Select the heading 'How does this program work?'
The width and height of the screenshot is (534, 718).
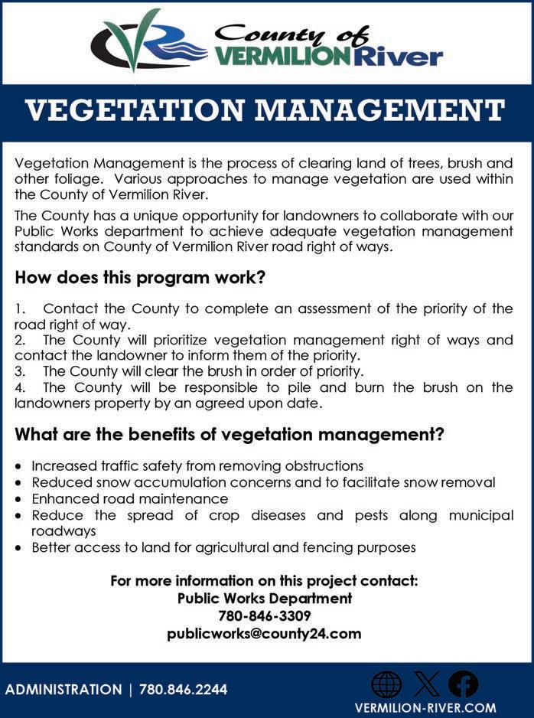click(140, 277)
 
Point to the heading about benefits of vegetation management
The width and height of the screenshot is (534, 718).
click(230, 435)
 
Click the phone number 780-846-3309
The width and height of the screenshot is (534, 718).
click(265, 615)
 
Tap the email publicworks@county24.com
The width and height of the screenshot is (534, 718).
click(265, 634)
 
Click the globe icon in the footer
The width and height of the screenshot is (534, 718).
click(386, 684)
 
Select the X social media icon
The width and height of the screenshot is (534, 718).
click(425, 684)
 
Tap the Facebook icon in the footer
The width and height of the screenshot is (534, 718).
click(463, 684)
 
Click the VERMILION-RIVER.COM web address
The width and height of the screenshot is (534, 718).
click(425, 708)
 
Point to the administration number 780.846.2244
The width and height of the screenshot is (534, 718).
click(183, 690)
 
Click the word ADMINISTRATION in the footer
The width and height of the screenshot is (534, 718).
click(63, 690)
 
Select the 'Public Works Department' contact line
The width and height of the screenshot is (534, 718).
click(265, 598)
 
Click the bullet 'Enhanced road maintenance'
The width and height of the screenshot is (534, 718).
click(130, 499)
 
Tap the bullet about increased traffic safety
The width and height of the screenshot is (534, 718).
click(197, 465)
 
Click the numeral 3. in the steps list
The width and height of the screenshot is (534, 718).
click(21, 371)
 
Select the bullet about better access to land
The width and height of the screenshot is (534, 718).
click(223, 547)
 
